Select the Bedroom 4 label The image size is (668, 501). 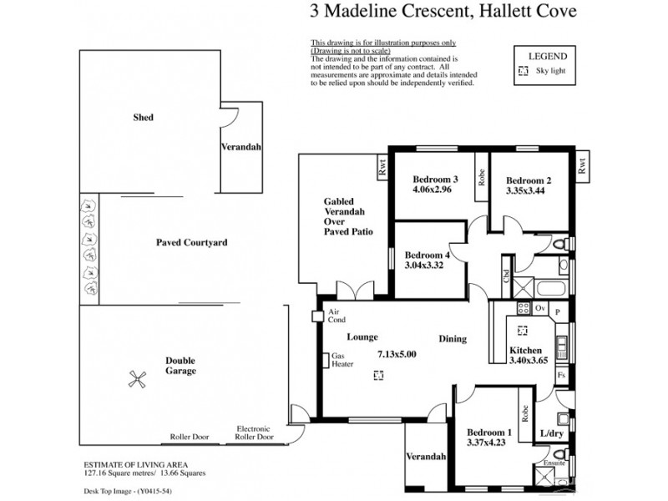coord(427,256)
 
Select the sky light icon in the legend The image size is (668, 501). coord(524,73)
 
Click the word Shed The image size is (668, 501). coord(143,118)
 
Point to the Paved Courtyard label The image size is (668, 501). coord(191,242)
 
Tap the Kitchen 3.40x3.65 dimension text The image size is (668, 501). coord(528,361)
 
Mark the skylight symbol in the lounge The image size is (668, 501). coord(378,376)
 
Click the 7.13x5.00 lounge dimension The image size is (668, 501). coord(397,355)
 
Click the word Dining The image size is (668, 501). coord(453,339)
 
